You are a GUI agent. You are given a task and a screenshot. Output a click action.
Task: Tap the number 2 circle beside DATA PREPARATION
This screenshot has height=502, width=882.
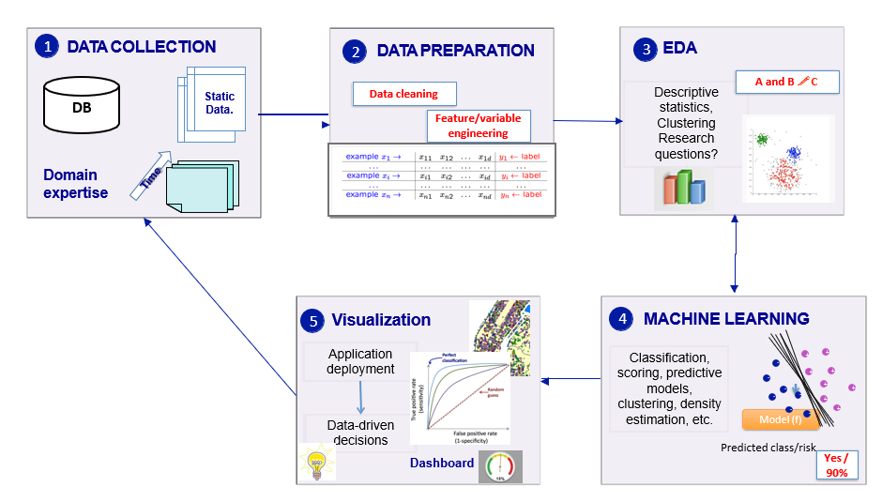click(354, 52)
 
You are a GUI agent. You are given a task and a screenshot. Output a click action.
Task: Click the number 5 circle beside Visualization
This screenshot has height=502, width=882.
click(313, 321)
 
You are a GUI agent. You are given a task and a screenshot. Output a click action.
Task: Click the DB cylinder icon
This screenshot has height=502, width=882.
click(82, 106)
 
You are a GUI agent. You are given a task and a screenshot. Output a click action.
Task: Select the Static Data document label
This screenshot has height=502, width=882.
click(219, 103)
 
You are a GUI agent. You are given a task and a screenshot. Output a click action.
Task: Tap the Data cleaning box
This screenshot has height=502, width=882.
click(403, 94)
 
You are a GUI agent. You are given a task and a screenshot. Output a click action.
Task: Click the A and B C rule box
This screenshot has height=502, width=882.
click(786, 82)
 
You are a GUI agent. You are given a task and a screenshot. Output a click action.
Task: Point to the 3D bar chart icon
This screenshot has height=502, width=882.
click(683, 187)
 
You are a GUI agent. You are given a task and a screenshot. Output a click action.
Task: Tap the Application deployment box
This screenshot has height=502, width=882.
click(360, 361)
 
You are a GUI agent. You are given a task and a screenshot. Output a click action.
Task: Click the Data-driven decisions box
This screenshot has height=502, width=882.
click(360, 433)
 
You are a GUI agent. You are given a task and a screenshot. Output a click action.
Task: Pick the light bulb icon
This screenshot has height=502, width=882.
click(316, 464)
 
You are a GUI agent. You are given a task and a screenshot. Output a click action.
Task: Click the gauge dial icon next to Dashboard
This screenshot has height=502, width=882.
click(500, 466)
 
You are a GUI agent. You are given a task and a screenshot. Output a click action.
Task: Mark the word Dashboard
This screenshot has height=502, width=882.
click(441, 463)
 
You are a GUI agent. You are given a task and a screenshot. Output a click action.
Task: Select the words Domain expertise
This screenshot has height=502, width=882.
click(75, 184)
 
